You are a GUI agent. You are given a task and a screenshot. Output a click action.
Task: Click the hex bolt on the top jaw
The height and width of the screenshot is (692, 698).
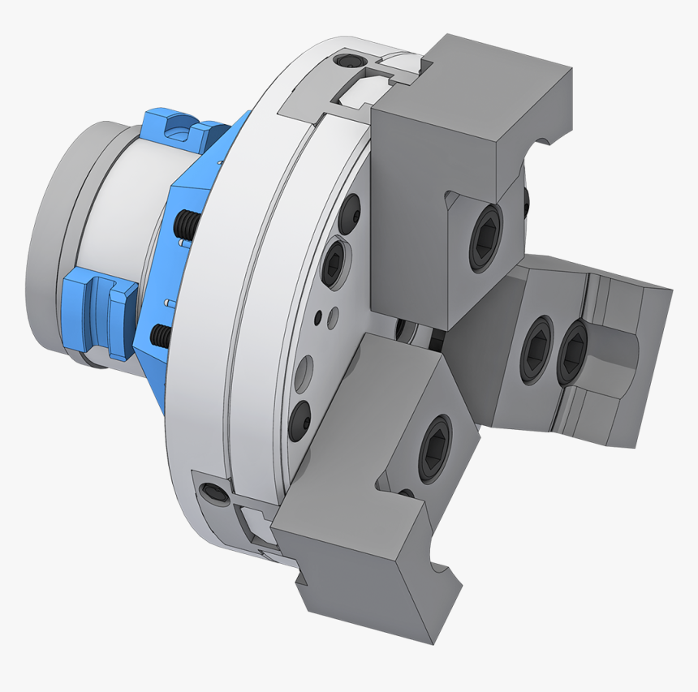(x=485, y=237)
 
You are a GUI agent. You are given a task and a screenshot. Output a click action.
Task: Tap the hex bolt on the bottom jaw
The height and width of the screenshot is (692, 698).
(x=434, y=449)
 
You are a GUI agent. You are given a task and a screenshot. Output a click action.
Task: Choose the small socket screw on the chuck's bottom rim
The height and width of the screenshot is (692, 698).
(x=213, y=492)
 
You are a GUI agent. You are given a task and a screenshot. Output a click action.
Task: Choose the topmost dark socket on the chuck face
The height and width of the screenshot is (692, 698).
(x=349, y=213)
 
